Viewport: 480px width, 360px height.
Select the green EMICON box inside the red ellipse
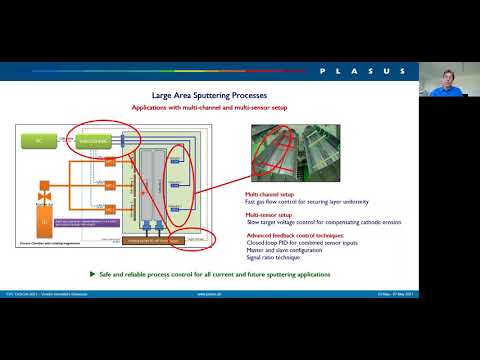click(96, 142)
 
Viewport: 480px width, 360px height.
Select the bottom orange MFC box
click(111, 210)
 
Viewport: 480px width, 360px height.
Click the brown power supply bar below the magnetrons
click(151, 241)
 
